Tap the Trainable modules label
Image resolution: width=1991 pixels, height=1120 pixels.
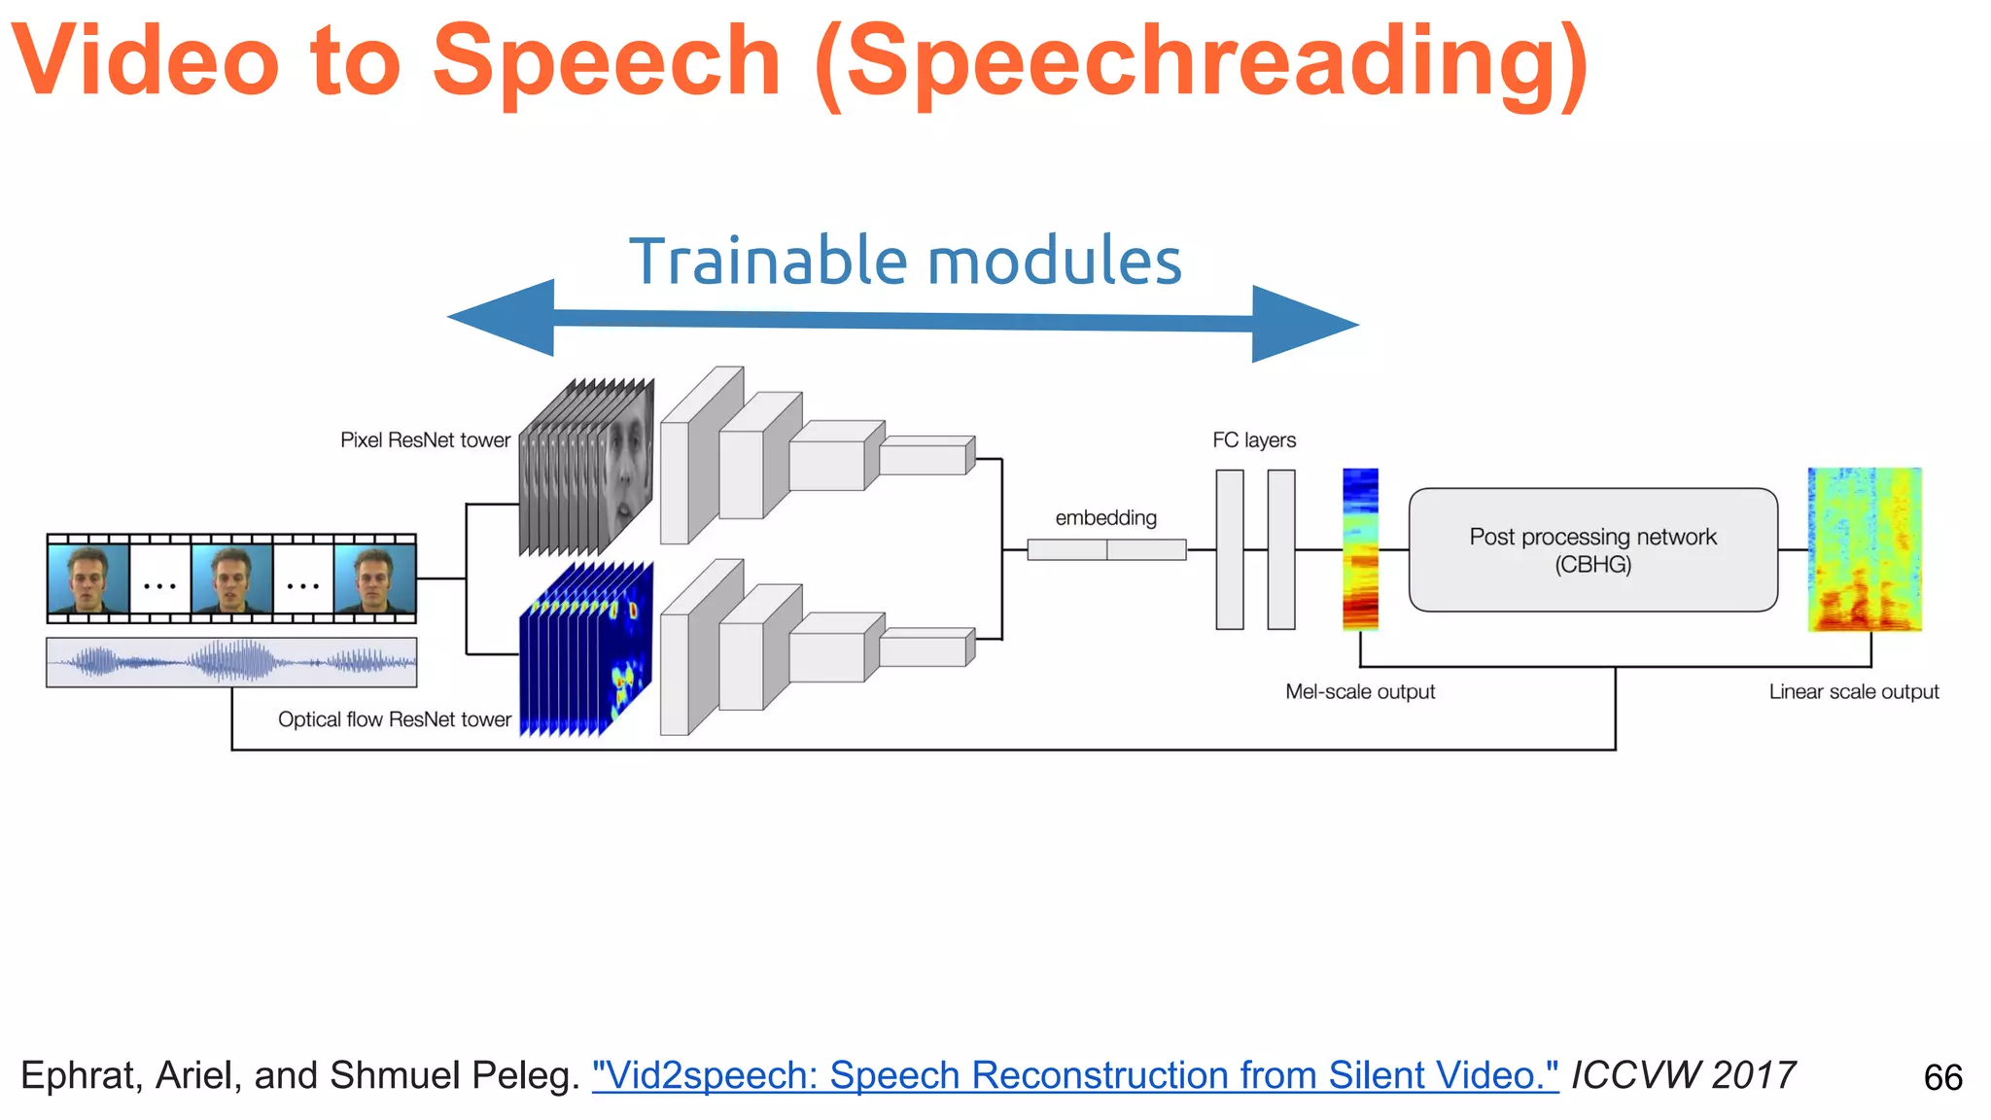point(905,262)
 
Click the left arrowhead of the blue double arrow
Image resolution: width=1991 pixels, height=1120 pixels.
point(506,317)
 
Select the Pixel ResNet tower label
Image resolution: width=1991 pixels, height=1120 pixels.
point(425,440)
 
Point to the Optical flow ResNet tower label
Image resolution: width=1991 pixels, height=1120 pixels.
point(394,719)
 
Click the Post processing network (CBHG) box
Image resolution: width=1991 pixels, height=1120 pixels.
point(1592,550)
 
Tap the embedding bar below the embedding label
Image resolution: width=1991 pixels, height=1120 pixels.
point(1106,550)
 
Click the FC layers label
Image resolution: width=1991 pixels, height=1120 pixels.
point(1254,440)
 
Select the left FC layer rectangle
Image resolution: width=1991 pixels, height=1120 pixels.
point(1230,549)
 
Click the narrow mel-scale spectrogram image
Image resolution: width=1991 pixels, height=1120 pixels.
point(1360,549)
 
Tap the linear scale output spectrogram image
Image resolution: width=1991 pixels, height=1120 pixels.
point(1865,549)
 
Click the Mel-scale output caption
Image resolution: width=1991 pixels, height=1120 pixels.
point(1359,691)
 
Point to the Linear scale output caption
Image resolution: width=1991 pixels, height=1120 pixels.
point(1853,691)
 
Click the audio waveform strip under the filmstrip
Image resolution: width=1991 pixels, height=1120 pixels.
point(231,662)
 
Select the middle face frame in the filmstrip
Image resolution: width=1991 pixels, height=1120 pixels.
point(231,579)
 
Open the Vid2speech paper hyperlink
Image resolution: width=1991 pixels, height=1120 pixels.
point(1074,1075)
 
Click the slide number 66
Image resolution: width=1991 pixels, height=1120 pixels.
point(1942,1077)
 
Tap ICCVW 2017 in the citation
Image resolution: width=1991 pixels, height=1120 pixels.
point(1683,1075)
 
